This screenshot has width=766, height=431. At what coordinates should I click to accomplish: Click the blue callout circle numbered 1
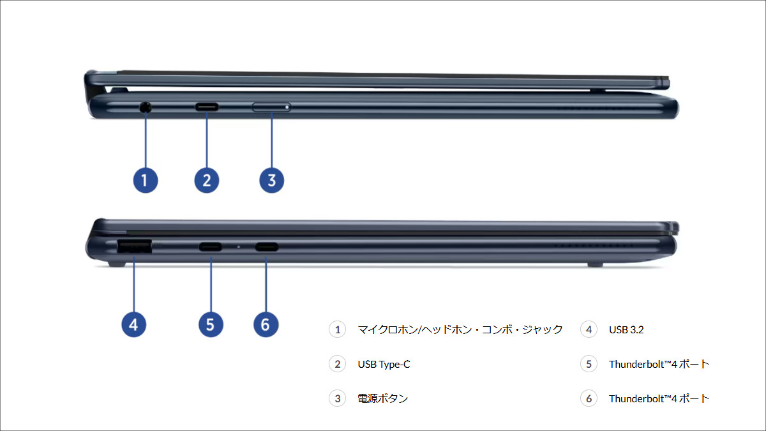point(145,180)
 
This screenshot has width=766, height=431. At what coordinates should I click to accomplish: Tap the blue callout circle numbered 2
point(206,180)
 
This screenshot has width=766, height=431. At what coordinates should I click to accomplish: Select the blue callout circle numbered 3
point(271,180)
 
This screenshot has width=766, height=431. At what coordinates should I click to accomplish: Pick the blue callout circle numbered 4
point(133,324)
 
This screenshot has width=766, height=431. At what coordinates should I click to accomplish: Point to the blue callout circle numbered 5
point(211,324)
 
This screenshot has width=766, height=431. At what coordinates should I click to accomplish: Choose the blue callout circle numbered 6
point(266,324)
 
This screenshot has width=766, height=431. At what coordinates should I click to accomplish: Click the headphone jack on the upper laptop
point(146,107)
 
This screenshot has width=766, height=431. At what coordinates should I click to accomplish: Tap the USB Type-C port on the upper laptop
point(206,107)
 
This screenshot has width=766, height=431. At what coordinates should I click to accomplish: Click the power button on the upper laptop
point(271,107)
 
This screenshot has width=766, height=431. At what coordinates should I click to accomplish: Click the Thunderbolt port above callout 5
point(211,246)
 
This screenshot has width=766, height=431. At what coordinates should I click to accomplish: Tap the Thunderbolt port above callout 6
point(266,246)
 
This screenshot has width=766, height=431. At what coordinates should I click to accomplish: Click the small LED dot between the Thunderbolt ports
point(239,246)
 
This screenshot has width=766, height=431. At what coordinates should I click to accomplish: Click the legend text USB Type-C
point(384,364)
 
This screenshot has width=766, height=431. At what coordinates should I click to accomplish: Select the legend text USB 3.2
point(626,329)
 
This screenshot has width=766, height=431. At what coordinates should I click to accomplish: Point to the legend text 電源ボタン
point(382,398)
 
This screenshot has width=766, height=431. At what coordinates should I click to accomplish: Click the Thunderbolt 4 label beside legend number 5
point(659,364)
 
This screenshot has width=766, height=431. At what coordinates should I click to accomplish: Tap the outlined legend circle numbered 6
point(589,398)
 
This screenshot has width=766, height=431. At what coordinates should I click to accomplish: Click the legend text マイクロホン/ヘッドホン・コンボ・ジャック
point(460,329)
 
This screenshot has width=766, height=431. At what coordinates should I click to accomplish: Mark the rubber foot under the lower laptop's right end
point(595,262)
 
